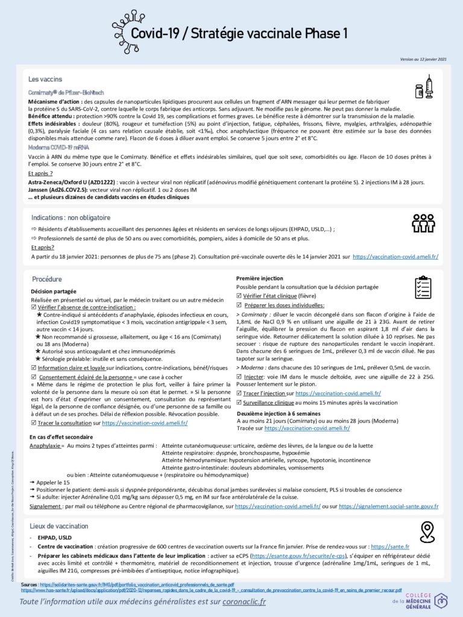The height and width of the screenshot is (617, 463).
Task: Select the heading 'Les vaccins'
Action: (x=45, y=79)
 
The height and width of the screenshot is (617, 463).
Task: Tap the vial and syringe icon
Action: (x=424, y=87)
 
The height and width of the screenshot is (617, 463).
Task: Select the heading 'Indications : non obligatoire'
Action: (x=71, y=218)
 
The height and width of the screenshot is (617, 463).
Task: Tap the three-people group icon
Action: (x=423, y=223)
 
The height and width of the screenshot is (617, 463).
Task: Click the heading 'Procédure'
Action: (x=46, y=280)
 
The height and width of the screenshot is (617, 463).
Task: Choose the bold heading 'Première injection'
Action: (x=259, y=278)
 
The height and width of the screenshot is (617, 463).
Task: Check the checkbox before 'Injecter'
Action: (x=239, y=376)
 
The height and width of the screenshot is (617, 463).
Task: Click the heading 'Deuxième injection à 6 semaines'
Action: (x=279, y=414)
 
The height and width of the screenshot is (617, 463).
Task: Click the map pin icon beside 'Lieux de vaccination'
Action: (x=427, y=531)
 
